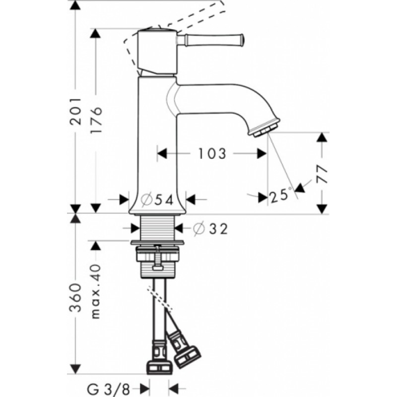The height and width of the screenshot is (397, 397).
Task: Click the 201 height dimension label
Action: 76,111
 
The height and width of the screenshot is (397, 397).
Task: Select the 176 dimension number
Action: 96,120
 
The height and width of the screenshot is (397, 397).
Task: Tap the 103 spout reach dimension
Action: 212,154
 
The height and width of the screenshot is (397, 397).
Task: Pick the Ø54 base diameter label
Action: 157,200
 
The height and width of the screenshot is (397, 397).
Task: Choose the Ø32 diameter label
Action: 210,229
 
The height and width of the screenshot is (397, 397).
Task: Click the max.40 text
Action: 96,291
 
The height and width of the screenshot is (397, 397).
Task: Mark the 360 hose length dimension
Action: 76,297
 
